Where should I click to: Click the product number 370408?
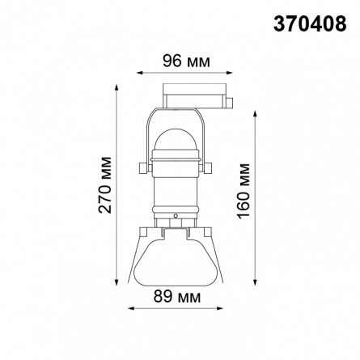(310, 23)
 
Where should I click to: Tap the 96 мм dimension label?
(186, 61)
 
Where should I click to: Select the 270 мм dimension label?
(105, 185)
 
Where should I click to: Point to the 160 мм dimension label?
(244, 191)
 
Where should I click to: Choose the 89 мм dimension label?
(177, 297)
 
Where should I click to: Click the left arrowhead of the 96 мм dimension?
(140, 73)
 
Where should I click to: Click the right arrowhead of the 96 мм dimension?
(229, 73)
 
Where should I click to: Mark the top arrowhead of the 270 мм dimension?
(116, 88)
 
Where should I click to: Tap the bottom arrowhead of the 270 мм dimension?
(116, 282)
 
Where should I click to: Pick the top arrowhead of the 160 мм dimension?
(255, 114)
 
